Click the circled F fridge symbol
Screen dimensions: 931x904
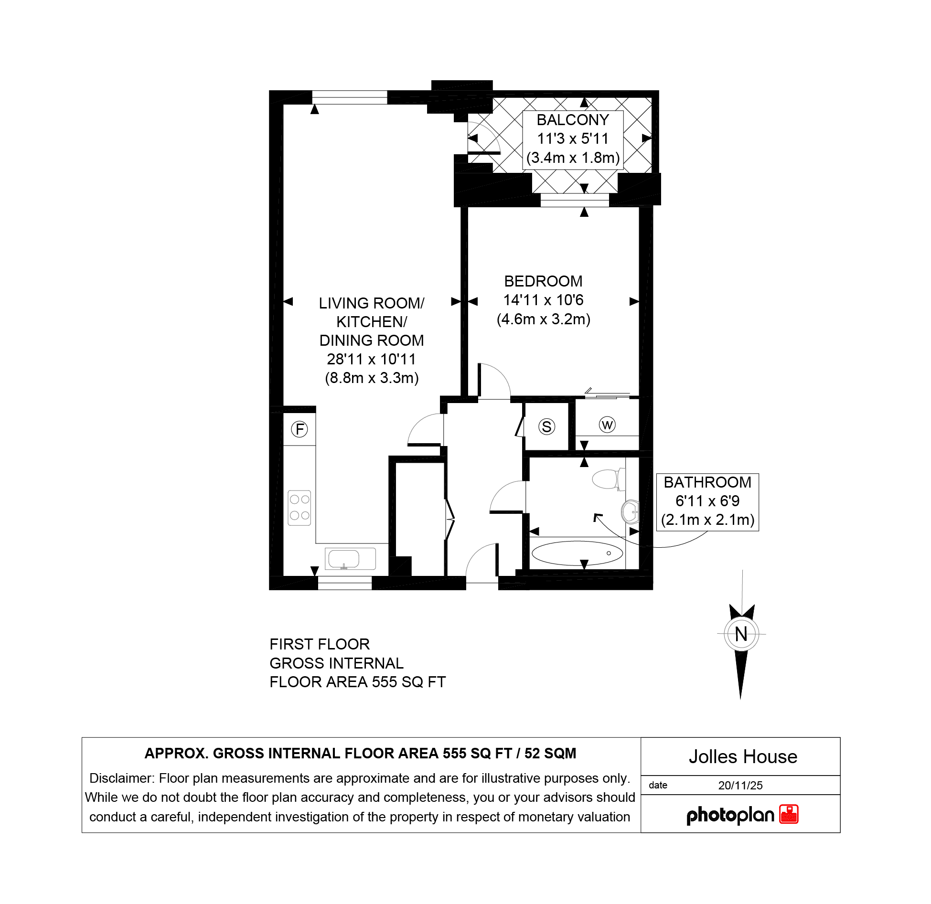pyautogui.click(x=300, y=429)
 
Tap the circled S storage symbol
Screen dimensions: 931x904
pyautogui.click(x=546, y=426)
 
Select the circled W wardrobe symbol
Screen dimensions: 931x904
pyautogui.click(x=607, y=425)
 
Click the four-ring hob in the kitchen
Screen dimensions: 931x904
pyautogui.click(x=300, y=508)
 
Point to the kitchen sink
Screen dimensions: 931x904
pyautogui.click(x=350, y=558)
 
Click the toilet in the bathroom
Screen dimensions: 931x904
pyautogui.click(x=608, y=479)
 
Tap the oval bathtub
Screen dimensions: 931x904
pyautogui.click(x=577, y=553)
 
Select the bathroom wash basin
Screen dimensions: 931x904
pyautogui.click(x=630, y=511)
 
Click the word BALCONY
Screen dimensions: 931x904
pyautogui.click(x=573, y=120)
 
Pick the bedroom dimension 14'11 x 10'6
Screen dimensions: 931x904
pyautogui.click(x=543, y=300)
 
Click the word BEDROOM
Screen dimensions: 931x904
pyautogui.click(x=543, y=281)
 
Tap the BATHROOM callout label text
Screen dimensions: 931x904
pyautogui.click(x=707, y=482)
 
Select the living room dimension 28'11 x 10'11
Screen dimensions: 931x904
pyautogui.click(x=371, y=359)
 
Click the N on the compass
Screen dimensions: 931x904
pyautogui.click(x=741, y=634)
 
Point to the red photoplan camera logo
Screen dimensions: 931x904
pyautogui.click(x=789, y=814)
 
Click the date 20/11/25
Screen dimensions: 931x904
pyautogui.click(x=740, y=786)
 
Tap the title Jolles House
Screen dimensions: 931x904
pyautogui.click(x=743, y=757)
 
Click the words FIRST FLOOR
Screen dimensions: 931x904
pyautogui.click(x=320, y=644)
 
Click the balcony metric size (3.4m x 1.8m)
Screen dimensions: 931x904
pyautogui.click(x=573, y=158)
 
